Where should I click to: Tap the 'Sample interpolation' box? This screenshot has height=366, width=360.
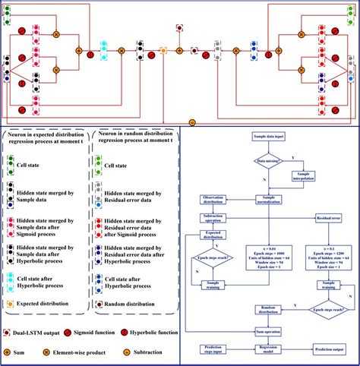[306, 176]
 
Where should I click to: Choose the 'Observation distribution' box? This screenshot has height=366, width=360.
[213, 199]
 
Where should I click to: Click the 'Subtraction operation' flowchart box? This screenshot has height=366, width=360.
[213, 219]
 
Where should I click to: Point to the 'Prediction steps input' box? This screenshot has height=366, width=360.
[213, 350]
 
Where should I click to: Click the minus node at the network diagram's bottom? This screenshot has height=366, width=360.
[192, 122]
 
